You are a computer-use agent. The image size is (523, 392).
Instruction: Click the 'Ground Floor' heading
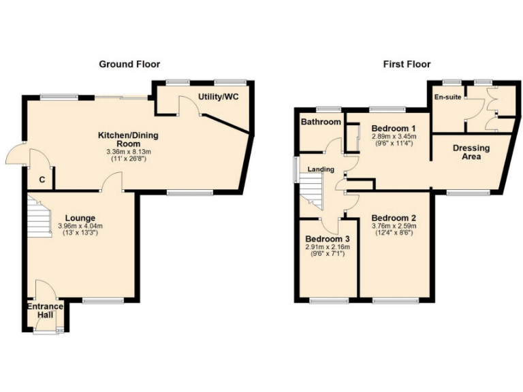[129, 65]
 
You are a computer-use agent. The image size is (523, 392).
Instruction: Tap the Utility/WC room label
[219, 97]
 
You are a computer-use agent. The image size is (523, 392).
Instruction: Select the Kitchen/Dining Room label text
[128, 139]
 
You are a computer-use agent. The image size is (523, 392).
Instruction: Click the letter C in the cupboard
[42, 180]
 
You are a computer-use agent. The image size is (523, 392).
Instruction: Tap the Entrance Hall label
[45, 311]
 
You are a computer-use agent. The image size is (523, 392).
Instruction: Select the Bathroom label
[321, 122]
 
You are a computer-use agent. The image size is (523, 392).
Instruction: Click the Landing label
[319, 169]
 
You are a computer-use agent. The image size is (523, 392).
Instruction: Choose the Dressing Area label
[471, 152]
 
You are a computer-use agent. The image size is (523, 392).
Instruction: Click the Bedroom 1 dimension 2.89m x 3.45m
[394, 137]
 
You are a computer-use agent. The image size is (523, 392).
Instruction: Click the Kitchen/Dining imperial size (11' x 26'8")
[128, 159]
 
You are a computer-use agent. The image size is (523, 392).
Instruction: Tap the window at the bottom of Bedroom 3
[329, 300]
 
